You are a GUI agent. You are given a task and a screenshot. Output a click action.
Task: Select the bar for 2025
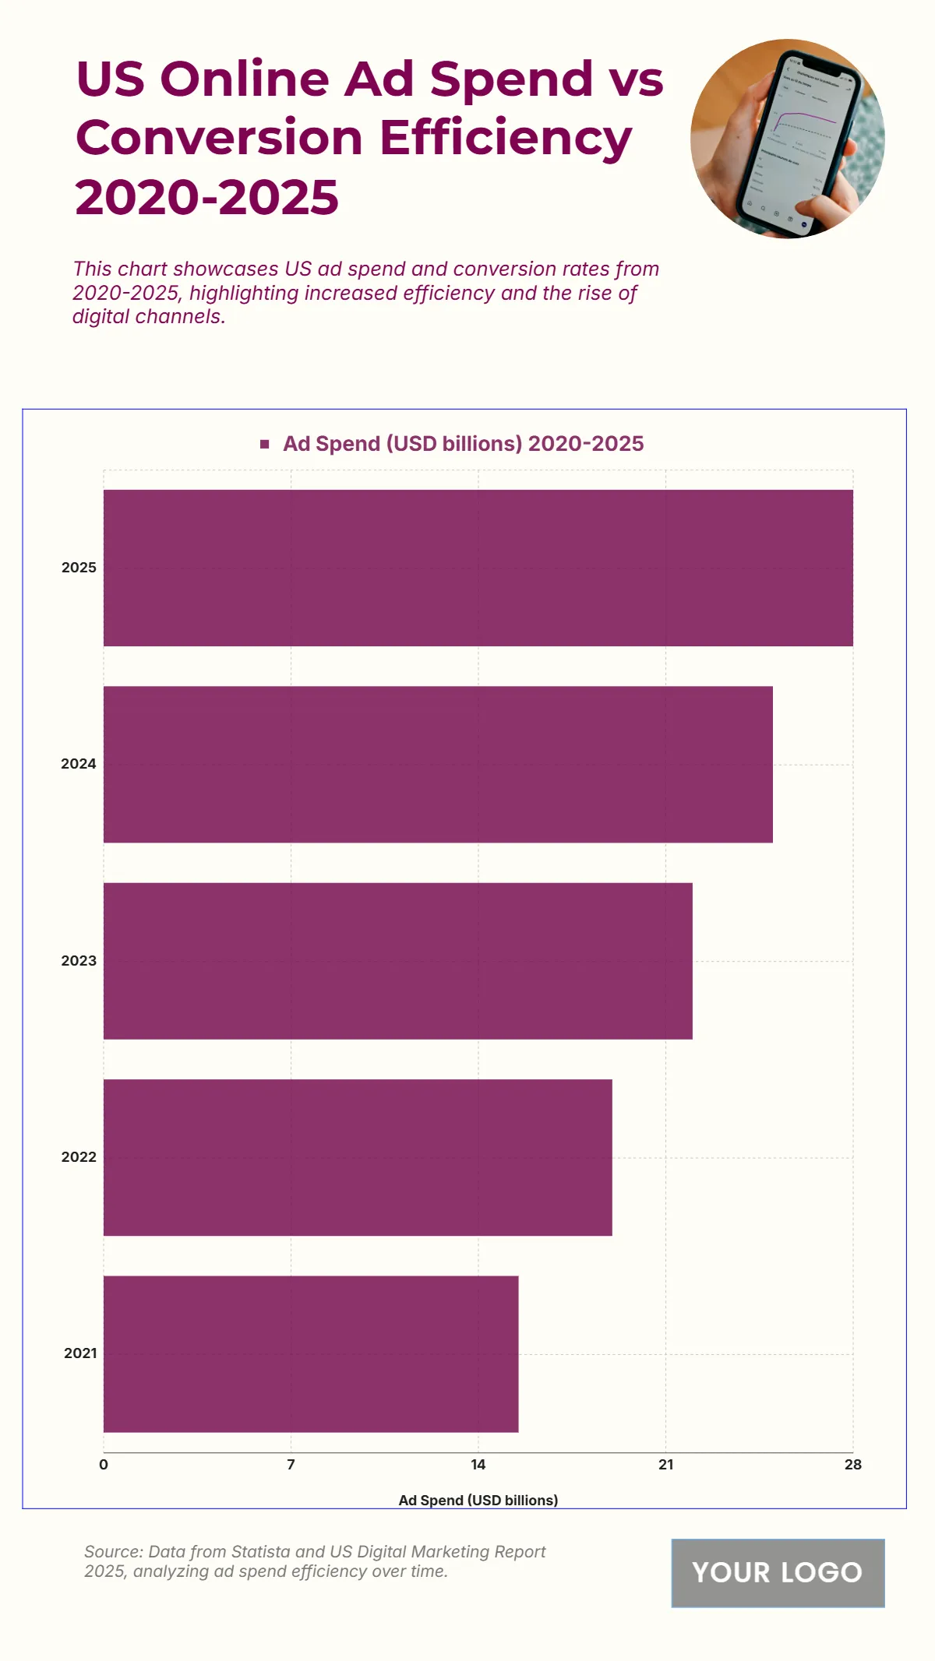[x=478, y=568]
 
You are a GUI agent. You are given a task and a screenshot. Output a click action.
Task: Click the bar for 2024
[x=438, y=764]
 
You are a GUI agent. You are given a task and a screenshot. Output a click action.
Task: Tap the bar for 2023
[x=397, y=960]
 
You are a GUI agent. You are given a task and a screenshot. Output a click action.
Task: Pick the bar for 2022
[x=358, y=1157]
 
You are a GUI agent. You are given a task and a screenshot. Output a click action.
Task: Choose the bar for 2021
[x=311, y=1353]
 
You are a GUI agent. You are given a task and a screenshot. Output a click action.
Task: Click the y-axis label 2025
[x=79, y=568]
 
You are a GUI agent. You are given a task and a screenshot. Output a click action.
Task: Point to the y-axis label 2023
[x=79, y=961]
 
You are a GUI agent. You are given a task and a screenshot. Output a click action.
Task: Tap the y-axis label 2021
[x=80, y=1353]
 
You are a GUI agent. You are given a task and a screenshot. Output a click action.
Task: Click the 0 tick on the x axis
[x=104, y=1465]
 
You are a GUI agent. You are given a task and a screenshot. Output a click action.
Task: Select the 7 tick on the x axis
[x=291, y=1465]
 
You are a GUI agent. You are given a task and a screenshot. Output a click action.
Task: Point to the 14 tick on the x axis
[x=478, y=1465]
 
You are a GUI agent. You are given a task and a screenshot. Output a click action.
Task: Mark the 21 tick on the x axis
[x=665, y=1465]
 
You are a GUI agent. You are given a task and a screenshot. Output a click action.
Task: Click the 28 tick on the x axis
[x=852, y=1465]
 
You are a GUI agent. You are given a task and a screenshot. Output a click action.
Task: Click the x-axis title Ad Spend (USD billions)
[x=478, y=1500]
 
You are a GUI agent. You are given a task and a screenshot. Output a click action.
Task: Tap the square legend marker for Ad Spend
[x=265, y=444]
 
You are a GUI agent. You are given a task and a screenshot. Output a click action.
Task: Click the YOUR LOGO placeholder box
[x=778, y=1572]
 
